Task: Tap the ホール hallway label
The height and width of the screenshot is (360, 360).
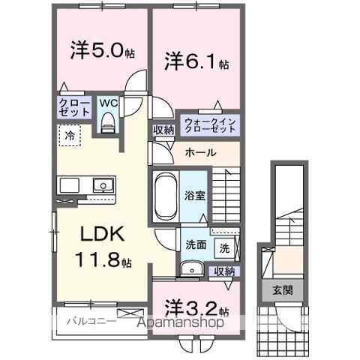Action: pyautogui.click(x=200, y=152)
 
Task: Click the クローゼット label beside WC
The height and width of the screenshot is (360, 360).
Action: pyautogui.click(x=73, y=108)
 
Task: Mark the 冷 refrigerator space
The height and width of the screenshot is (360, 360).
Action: pyautogui.click(x=69, y=137)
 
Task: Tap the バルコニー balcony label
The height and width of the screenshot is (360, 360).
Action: pyautogui.click(x=89, y=321)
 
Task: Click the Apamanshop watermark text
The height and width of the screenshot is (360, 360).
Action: pyautogui.click(x=180, y=323)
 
